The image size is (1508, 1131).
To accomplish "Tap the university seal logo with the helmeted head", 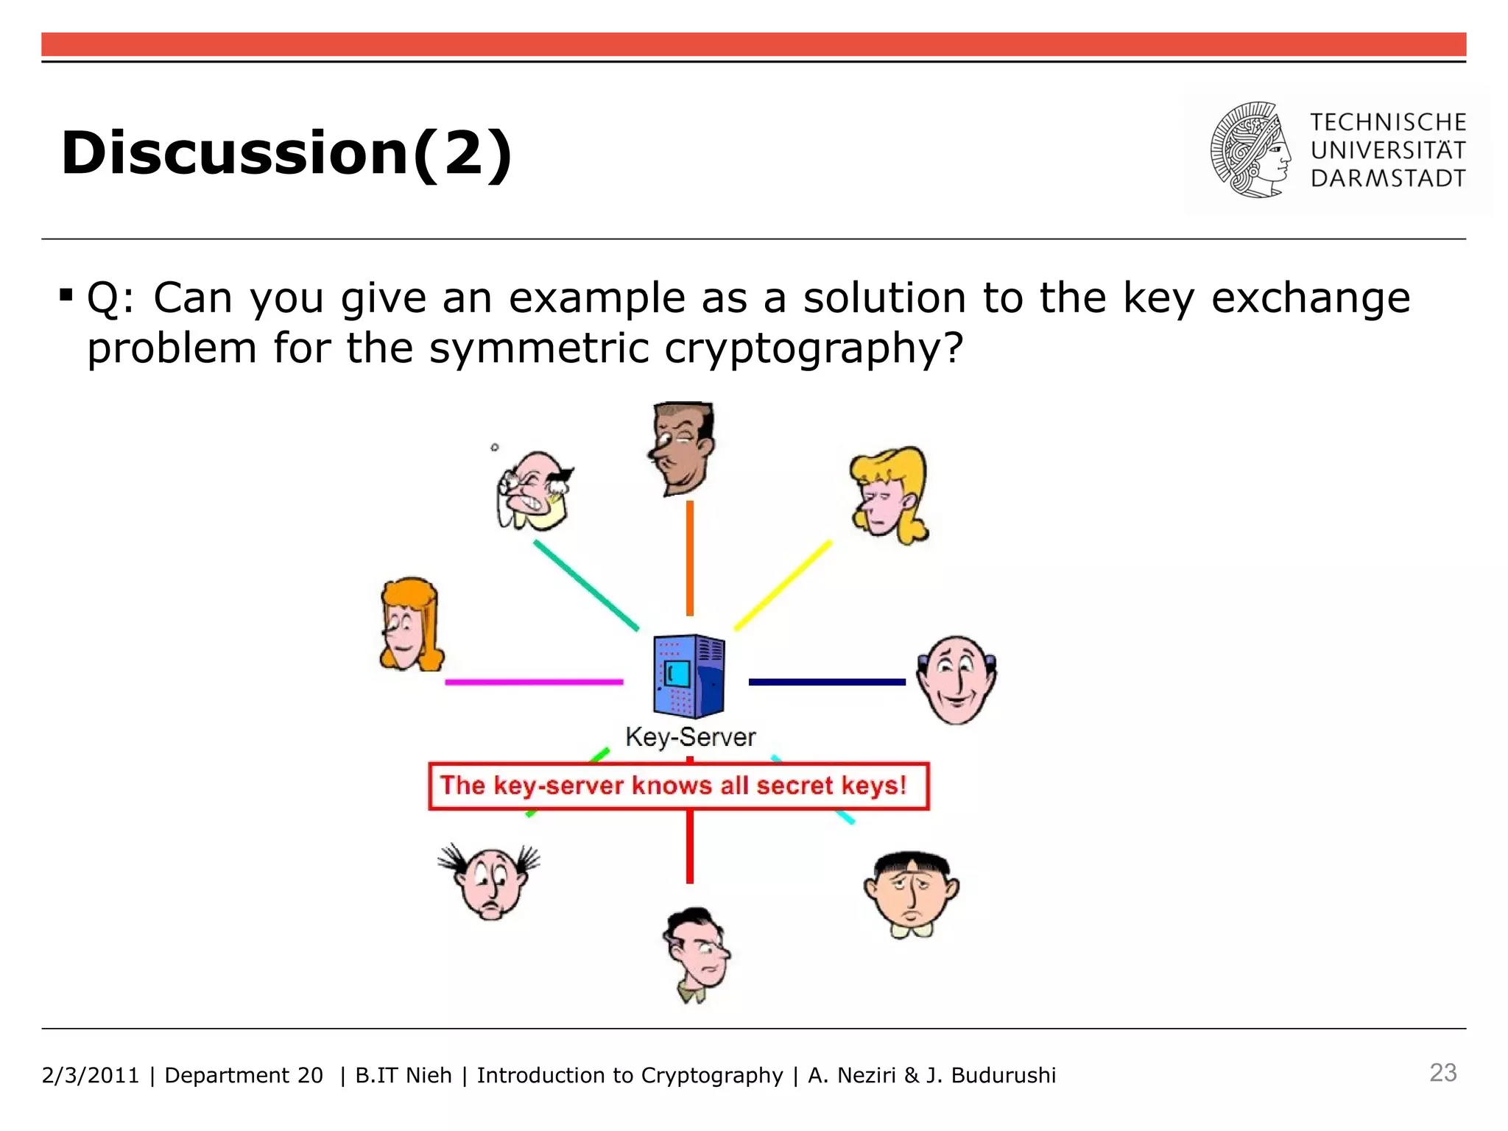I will (1250, 149).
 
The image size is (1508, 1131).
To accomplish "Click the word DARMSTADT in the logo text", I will (1387, 179).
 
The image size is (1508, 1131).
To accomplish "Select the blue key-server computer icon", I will (688, 676).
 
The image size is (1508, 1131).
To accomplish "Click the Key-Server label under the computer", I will (690, 737).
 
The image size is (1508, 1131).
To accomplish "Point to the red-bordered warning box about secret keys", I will (678, 786).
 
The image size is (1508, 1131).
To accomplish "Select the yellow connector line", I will (783, 585).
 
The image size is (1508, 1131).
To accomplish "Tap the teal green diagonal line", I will (586, 585).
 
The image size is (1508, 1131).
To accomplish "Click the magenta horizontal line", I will (534, 682).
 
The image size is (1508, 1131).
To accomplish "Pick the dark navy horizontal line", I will (826, 682).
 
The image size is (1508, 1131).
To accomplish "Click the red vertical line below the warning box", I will (690, 847).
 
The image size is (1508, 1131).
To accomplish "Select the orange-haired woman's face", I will (409, 626).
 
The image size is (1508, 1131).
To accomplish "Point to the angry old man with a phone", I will (533, 492).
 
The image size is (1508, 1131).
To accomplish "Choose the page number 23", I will (1442, 1073).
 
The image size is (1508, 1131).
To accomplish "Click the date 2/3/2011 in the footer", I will (90, 1076).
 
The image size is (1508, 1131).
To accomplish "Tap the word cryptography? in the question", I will (813, 348).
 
